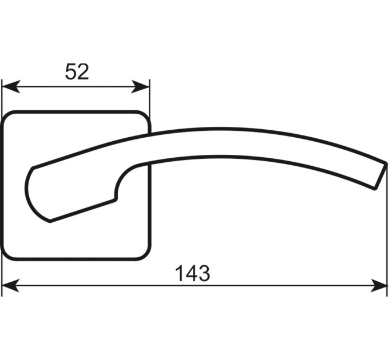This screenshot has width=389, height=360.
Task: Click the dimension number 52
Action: click(77, 71)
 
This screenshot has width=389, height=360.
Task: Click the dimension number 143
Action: click(193, 274)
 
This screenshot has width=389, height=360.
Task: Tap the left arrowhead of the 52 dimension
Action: click(11, 87)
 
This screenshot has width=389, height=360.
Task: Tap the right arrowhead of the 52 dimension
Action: click(140, 87)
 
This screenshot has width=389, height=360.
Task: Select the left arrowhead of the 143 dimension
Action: click(11, 285)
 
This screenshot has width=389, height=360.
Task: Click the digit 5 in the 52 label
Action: click(70, 71)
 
